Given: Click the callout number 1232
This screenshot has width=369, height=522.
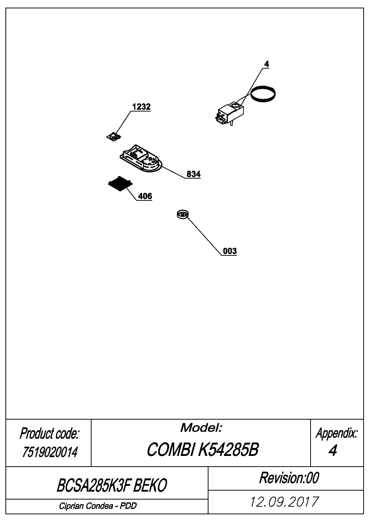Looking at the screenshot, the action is click(141, 107).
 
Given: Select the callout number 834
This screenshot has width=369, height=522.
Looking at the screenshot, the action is click(193, 174).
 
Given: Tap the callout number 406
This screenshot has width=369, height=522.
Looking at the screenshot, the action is click(145, 196).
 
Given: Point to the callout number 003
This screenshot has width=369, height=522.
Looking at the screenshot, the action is click(230, 251).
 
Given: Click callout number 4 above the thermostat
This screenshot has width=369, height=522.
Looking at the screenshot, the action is click(266, 64).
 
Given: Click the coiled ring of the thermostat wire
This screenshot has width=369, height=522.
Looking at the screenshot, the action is click(263, 94).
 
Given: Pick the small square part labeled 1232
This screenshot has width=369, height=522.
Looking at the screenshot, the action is click(113, 136).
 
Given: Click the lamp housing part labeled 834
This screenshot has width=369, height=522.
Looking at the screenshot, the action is click(141, 159).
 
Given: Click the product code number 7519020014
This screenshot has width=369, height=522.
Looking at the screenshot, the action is click(50, 452).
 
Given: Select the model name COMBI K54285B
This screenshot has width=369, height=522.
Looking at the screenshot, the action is click(203, 450).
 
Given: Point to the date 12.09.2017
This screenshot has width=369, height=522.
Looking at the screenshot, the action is click(285, 501).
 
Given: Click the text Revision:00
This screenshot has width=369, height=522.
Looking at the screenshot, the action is click(289, 478).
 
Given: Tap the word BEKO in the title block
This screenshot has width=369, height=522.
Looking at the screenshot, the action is click(150, 485).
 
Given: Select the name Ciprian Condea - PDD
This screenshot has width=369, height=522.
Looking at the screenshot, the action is click(98, 506).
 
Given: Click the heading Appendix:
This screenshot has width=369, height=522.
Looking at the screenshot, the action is click(337, 433).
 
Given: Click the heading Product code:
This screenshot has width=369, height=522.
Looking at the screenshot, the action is click(49, 434).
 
